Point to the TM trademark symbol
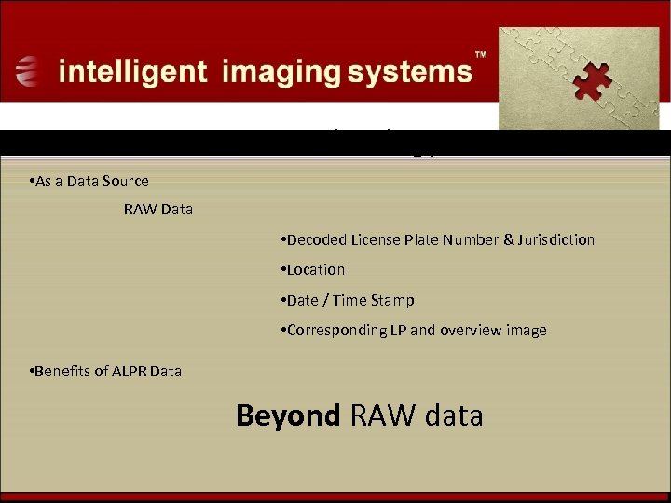[x=482, y=55]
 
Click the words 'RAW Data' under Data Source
[x=158, y=210]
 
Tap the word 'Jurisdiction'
[x=556, y=240]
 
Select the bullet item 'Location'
[x=314, y=270]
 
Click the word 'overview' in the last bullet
[x=472, y=331]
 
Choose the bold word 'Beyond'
[x=288, y=415]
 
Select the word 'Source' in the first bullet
[x=126, y=181]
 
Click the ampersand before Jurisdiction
[x=508, y=240]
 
